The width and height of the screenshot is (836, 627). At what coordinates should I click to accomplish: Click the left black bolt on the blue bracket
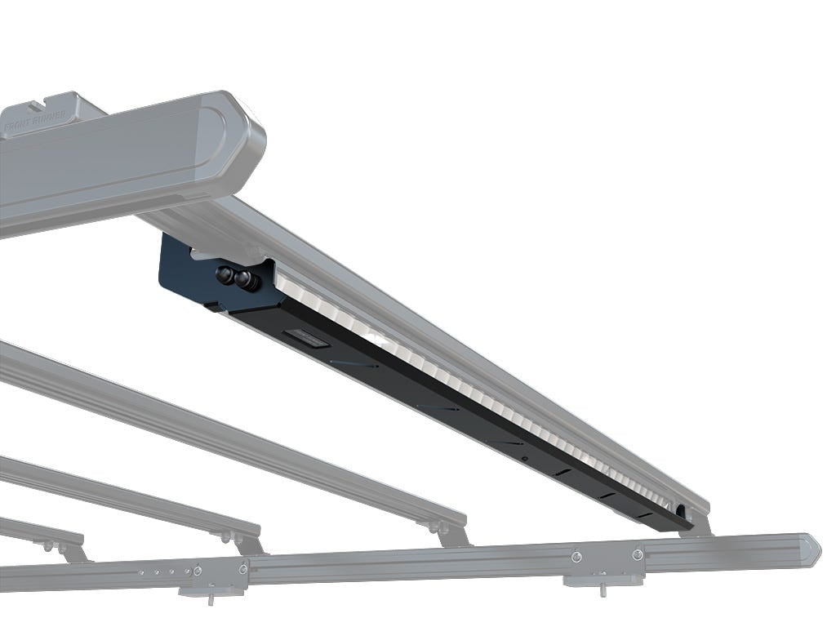pyautogui.click(x=225, y=275)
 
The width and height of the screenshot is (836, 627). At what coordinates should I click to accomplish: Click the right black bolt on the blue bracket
pyautogui.click(x=243, y=281)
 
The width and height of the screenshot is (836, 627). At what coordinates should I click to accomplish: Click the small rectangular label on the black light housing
pyautogui.click(x=307, y=339)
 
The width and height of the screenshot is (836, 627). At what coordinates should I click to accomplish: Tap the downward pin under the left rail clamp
pyautogui.click(x=211, y=599)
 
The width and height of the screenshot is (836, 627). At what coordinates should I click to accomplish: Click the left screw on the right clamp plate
pyautogui.click(x=576, y=556)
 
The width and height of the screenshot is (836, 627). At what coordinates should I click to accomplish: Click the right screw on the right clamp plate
pyautogui.click(x=638, y=554)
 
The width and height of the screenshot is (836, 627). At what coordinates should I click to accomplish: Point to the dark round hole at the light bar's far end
pyautogui.click(x=679, y=511)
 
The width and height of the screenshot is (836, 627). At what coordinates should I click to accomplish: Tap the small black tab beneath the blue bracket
pyautogui.click(x=211, y=307)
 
